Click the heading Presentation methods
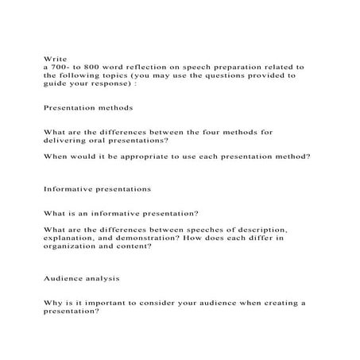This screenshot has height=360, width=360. coord(87,106)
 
